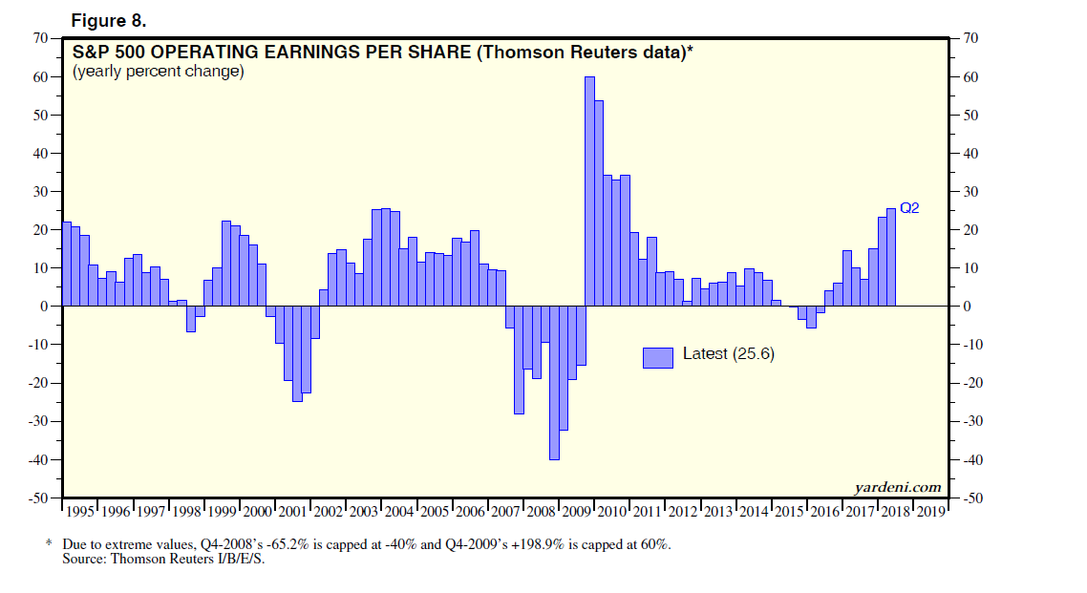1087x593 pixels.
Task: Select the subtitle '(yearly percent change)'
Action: click(x=159, y=72)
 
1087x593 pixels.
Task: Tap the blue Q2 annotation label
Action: click(x=909, y=207)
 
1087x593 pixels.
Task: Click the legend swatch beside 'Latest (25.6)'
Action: click(x=658, y=356)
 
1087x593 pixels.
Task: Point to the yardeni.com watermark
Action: click(x=898, y=487)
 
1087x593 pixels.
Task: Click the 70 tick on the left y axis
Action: click(x=40, y=38)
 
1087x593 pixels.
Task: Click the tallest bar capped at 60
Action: click(x=589, y=191)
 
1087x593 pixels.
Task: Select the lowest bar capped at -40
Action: click(x=554, y=382)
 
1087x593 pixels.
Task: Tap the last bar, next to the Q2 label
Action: click(x=891, y=258)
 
